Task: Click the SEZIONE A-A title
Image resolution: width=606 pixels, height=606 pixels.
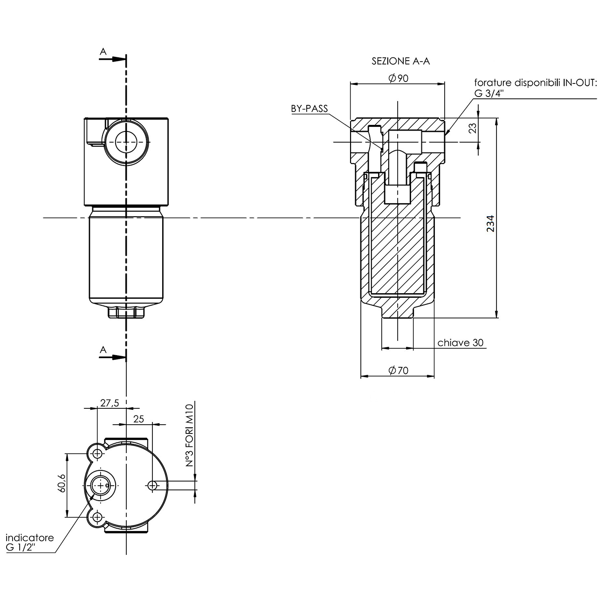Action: point(400,61)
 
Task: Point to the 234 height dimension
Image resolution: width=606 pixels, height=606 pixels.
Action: point(490,224)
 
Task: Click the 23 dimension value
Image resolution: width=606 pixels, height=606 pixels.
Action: point(473,128)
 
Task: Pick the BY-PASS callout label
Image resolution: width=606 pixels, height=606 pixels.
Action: point(310,109)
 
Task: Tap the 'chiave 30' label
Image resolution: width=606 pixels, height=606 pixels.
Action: point(460,343)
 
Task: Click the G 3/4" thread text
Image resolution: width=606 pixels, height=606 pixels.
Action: point(489,93)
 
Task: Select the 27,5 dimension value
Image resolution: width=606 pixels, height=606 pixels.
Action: point(110,403)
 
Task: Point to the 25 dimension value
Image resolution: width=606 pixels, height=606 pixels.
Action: point(139,419)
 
